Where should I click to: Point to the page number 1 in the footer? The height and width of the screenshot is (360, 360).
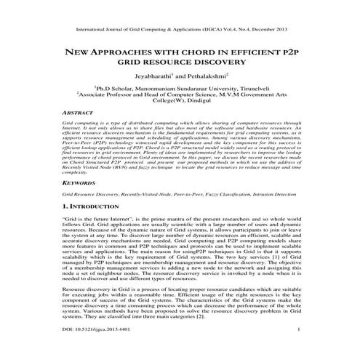(300, 350)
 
